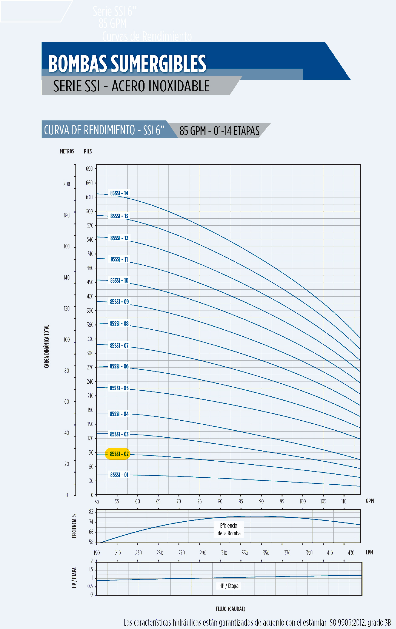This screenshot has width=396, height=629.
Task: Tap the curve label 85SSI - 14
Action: (119, 193)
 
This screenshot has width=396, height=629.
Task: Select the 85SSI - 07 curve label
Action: (119, 345)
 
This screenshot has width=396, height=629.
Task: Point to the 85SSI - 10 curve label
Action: (119, 281)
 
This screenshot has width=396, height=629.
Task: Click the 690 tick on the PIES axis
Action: (89, 169)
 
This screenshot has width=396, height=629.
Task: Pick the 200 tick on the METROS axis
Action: (67, 184)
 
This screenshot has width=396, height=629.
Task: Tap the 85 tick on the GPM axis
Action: (241, 501)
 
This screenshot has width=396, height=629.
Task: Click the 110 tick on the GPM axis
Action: (344, 501)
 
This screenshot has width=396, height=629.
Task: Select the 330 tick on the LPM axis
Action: (245, 553)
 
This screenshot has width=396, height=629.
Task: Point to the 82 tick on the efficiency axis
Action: (91, 512)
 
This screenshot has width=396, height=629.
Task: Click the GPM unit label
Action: (370, 501)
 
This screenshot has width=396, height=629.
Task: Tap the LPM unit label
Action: (369, 552)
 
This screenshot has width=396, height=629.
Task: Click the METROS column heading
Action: (67, 151)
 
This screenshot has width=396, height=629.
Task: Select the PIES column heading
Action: (88, 151)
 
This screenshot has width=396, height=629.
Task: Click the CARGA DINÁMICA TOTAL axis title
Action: (47, 346)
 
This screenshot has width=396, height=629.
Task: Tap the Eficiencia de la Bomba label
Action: (229, 529)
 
